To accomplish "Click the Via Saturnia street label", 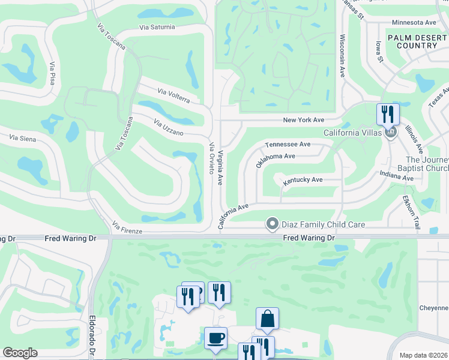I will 157,27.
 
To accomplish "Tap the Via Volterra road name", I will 173,96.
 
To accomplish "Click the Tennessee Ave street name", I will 288,145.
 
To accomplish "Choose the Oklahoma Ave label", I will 276,160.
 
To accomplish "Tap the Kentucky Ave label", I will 303,179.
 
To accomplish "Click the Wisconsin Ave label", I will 342,55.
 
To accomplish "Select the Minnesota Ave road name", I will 414,22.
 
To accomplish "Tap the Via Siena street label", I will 23,139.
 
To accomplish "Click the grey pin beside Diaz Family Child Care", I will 272,224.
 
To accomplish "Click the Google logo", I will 20,353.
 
